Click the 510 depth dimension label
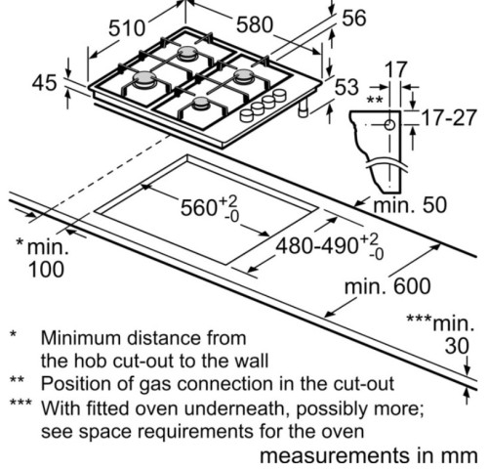pyautogui.click(x=127, y=27)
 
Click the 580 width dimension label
pyautogui.click(x=255, y=24)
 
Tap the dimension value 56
pyautogui.click(x=354, y=18)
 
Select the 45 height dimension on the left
pyautogui.click(x=44, y=82)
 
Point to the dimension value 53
pyautogui.click(x=346, y=87)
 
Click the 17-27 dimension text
pyautogui.click(x=449, y=117)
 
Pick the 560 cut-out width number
pyautogui.click(x=199, y=208)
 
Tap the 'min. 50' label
pyautogui.click(x=410, y=205)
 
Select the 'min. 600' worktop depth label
pyautogui.click(x=387, y=286)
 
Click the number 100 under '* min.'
pyautogui.click(x=46, y=270)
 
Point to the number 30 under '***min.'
pyautogui.click(x=457, y=346)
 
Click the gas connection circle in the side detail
pyautogui.click(x=389, y=125)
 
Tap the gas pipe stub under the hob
pyautogui.click(x=304, y=107)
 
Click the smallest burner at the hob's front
pyautogui.click(x=200, y=104)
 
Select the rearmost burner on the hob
pyautogui.click(x=187, y=53)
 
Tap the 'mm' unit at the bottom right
pyautogui.click(x=461, y=455)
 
